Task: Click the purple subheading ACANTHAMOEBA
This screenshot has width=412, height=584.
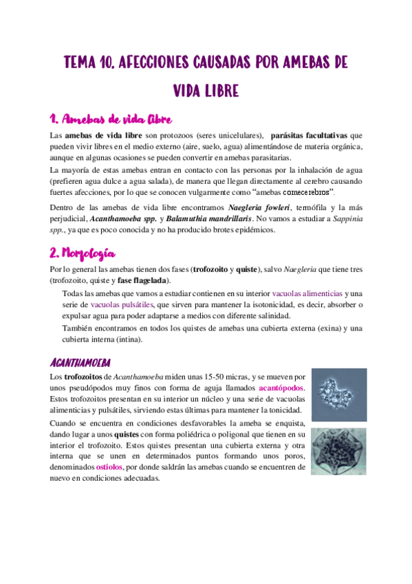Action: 81,362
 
